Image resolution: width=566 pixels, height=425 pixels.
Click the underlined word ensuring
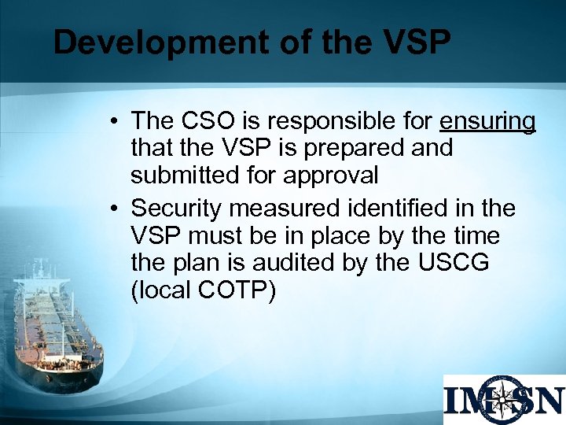[487, 122]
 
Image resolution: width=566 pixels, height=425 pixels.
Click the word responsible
[338, 122]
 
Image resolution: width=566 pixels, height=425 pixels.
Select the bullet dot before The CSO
[115, 122]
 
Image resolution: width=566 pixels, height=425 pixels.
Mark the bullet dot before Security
[115, 209]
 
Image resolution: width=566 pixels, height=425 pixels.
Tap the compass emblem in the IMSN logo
[504, 401]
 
